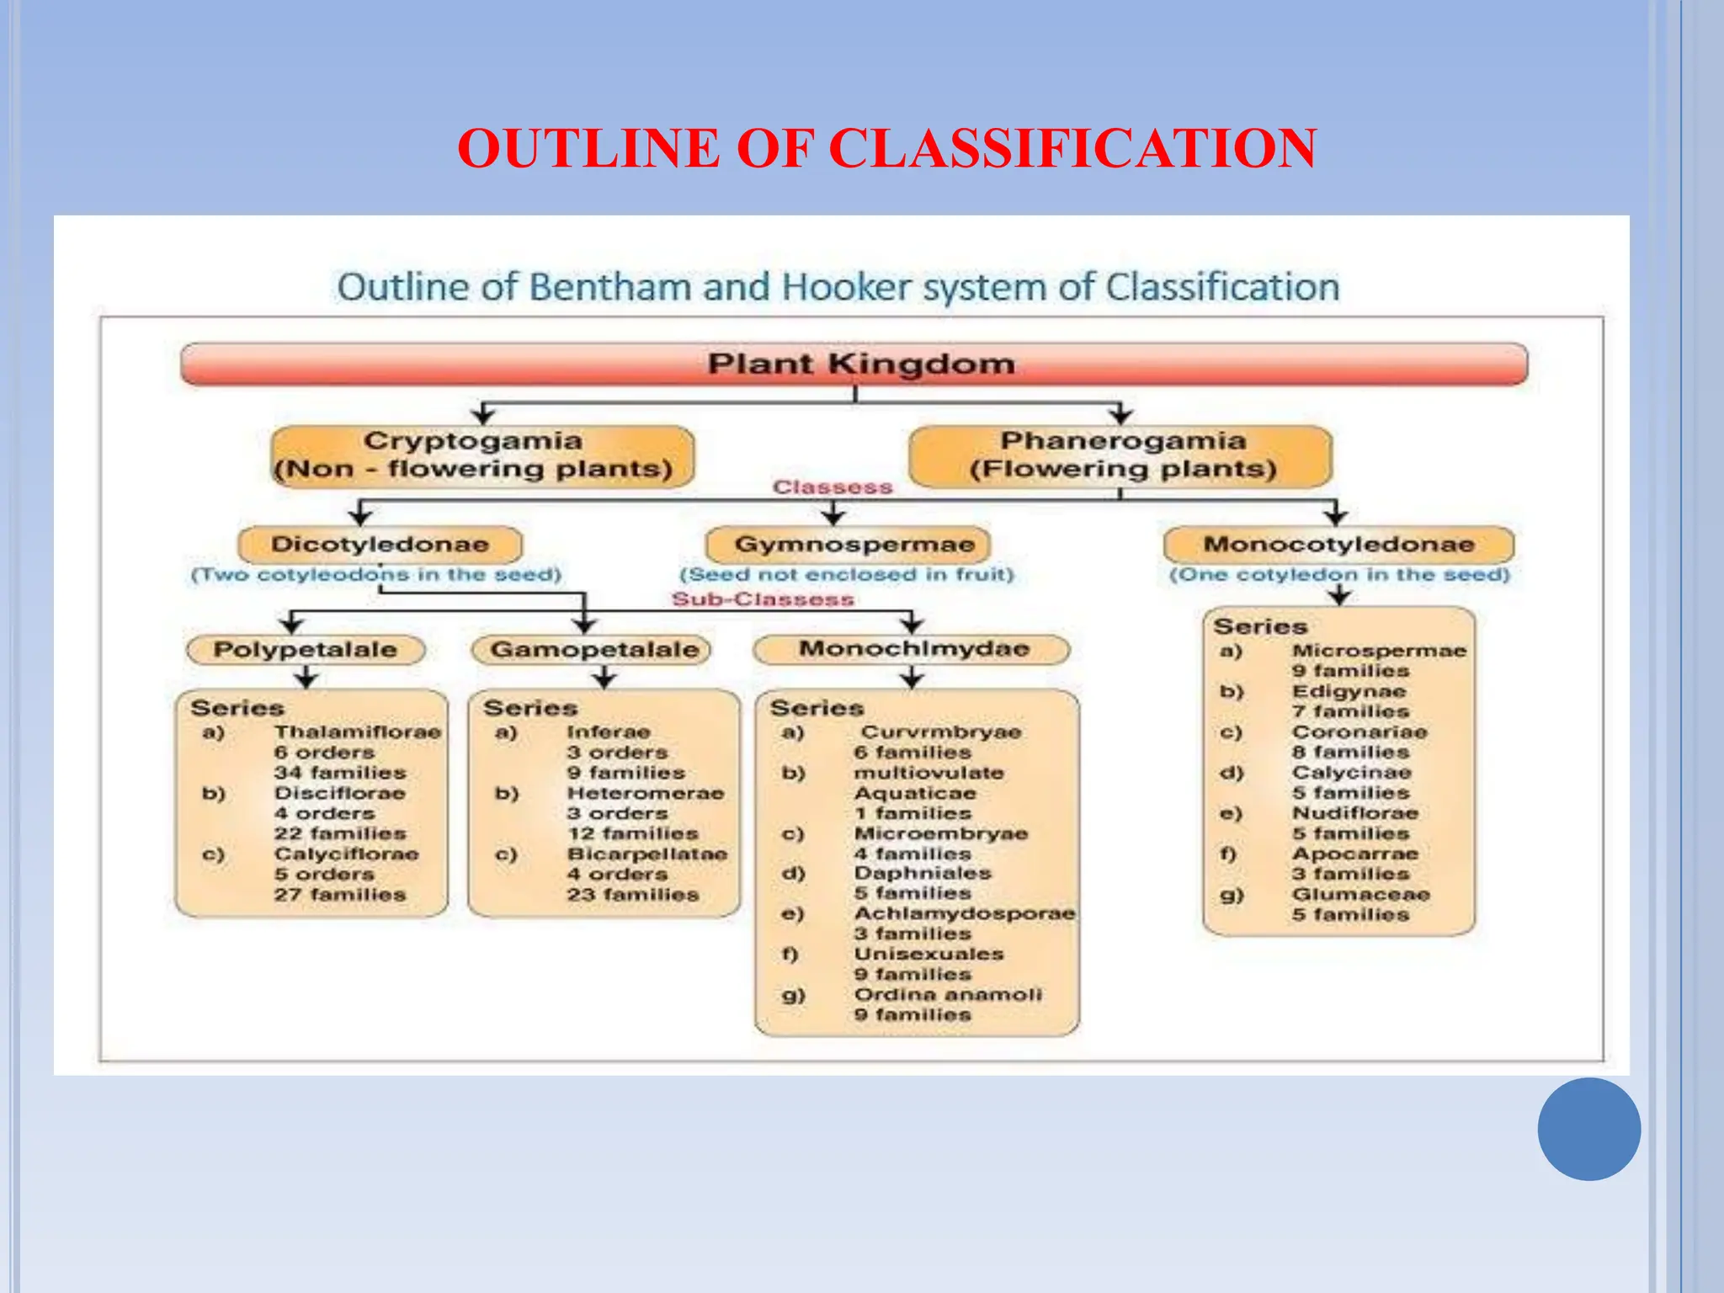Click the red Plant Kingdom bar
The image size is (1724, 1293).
[x=854, y=364]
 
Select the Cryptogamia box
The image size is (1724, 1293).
[x=482, y=455]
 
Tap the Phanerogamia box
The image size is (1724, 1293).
[x=1121, y=455]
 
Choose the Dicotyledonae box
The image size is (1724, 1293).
[x=380, y=545]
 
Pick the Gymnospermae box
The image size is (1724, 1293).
[x=849, y=545]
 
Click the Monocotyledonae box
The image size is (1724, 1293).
[x=1338, y=545]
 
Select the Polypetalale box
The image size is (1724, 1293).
[x=305, y=650]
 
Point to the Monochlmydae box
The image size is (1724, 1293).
[x=912, y=649]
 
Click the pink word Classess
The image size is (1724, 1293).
[x=833, y=487]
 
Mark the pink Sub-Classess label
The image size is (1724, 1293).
[x=763, y=599]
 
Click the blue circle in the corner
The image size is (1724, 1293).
[x=1588, y=1129]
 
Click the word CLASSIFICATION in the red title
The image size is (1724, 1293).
[x=1072, y=149]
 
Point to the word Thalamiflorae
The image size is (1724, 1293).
[x=358, y=732]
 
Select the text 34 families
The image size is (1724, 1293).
[x=340, y=773]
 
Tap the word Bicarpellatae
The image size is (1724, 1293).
[x=647, y=854]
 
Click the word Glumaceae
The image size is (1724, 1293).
[x=1361, y=895]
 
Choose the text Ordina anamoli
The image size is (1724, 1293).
[x=948, y=995]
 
